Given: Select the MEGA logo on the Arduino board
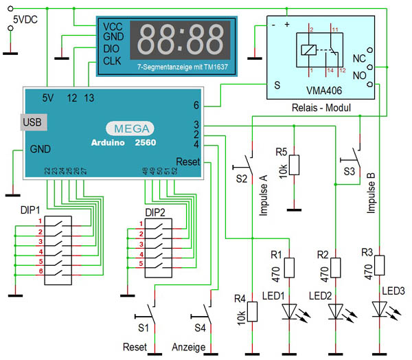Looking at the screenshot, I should click(129, 128).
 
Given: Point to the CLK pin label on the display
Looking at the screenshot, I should click(112, 61).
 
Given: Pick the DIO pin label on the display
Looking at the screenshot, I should click(112, 49).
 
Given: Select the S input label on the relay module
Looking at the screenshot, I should click(277, 85).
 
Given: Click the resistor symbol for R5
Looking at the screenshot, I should click(294, 165).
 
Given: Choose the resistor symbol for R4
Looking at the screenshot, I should click(252, 311).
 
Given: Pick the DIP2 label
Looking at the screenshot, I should click(155, 210).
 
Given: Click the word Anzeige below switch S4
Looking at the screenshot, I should click(188, 347).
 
